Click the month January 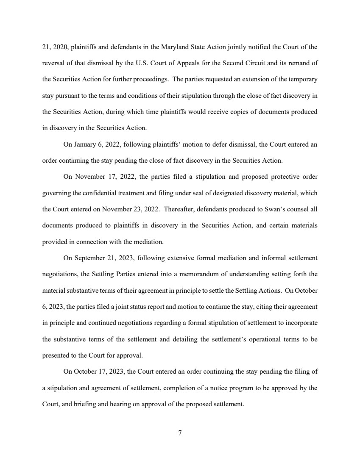tap(86, 144)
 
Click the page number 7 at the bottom tap(180, 433)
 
